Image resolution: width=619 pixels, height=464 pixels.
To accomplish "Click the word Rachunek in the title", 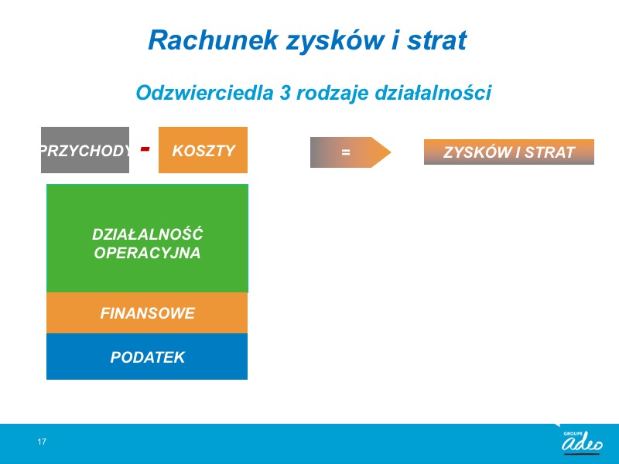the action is coord(214,40).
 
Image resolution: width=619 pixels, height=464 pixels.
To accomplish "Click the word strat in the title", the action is coord(437,40).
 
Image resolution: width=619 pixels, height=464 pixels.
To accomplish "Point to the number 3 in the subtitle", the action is coord(286,93).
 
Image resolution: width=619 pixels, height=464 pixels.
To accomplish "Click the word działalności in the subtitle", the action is coord(433,93).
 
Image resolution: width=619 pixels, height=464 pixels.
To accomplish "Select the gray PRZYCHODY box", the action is coord(85,150).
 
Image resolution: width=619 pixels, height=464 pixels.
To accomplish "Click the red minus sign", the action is coord(145,148).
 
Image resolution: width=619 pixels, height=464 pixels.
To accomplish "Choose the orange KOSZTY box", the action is coord(203,150).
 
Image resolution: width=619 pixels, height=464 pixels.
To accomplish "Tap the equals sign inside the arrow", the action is coord(346,152).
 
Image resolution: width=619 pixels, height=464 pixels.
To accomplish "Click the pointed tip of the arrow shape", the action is coord(391,152).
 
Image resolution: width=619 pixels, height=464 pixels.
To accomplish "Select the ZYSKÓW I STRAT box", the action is coord(509,152).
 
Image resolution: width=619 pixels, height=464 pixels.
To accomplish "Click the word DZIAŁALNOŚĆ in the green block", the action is coord(147,234).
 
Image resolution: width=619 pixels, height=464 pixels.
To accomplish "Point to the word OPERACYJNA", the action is coord(147,253).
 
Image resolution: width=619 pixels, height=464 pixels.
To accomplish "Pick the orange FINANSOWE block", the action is coord(147,313).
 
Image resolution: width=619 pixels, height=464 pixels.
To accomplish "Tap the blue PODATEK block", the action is coord(147,357).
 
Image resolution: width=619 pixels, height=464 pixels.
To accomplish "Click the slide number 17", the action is coord(42,442).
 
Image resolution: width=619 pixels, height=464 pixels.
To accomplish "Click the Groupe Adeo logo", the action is coord(583,442).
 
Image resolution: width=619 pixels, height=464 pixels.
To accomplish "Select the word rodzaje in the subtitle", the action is coord(333,94).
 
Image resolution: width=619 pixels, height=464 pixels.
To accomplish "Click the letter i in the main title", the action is coord(395,40).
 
